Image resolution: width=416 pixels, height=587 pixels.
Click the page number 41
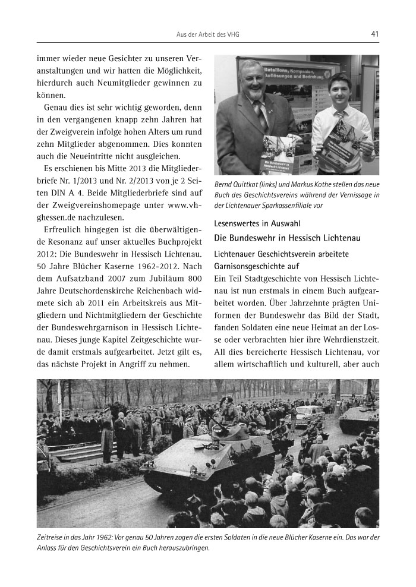pos(374,34)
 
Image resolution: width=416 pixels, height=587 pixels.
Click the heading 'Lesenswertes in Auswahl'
pos(257,223)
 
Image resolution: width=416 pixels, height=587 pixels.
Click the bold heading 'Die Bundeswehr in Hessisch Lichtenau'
pos(288,238)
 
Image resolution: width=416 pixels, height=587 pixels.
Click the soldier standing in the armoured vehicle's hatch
pos(228,409)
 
